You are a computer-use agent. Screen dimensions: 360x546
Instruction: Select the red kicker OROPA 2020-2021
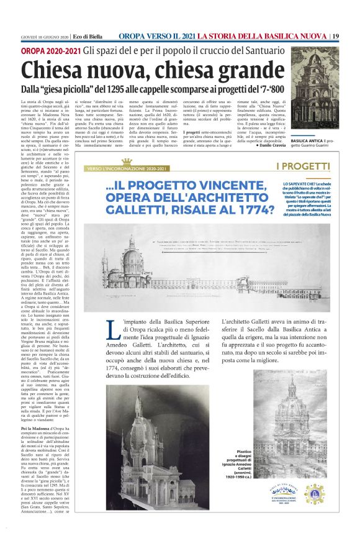click(51, 49)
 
